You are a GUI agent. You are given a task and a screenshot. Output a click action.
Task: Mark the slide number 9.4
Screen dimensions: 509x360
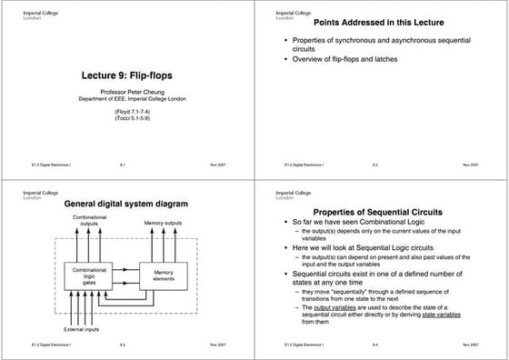tap(374, 345)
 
